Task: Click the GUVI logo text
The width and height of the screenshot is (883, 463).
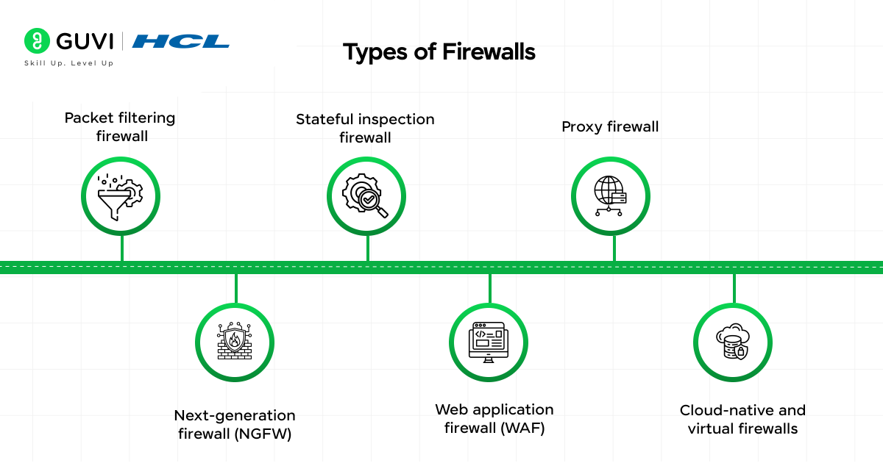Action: coord(81,41)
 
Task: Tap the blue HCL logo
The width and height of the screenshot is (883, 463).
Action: coord(181,41)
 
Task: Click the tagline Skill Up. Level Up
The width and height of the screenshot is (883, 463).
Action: coord(69,63)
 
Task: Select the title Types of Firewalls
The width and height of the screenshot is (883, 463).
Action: coord(439,52)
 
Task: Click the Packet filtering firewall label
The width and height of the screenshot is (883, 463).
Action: coord(120,126)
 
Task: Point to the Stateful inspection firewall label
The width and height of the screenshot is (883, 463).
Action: coord(365,128)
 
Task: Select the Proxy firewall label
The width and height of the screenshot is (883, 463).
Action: coord(610,126)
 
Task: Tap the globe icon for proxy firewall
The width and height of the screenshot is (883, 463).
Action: coord(611,195)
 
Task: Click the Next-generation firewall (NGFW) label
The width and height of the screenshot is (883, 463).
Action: coord(235,425)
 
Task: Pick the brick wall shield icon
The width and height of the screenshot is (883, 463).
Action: coord(235,342)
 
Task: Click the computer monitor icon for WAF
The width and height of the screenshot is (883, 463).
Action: coord(489,342)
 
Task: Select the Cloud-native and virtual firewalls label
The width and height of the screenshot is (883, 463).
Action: coord(742,419)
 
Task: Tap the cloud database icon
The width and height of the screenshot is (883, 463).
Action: coord(733,342)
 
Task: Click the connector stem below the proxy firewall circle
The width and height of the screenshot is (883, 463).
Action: coord(614,248)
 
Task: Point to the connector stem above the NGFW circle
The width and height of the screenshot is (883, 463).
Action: coord(235,288)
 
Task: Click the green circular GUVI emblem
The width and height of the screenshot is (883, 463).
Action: coord(36,41)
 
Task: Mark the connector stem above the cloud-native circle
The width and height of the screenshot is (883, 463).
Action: coord(734,288)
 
